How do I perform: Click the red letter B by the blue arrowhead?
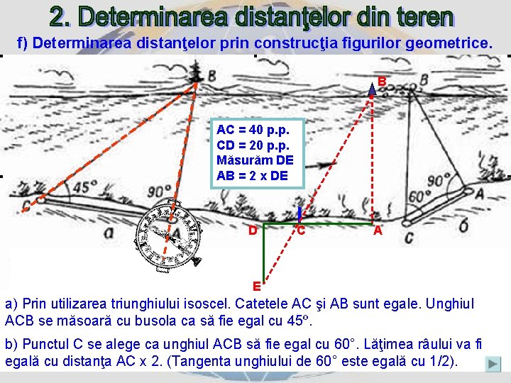point(382,82)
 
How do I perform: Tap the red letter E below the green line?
point(258,287)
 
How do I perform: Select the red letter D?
point(253,230)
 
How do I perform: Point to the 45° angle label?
point(85,187)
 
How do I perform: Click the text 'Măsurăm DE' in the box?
point(254,161)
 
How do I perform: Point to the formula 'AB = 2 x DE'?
point(253,176)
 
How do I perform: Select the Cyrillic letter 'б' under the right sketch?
point(463,224)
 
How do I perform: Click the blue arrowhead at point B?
point(372,89)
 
